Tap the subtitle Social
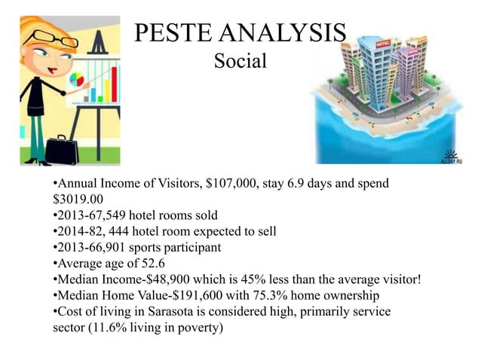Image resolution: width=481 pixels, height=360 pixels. (x=240, y=61)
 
